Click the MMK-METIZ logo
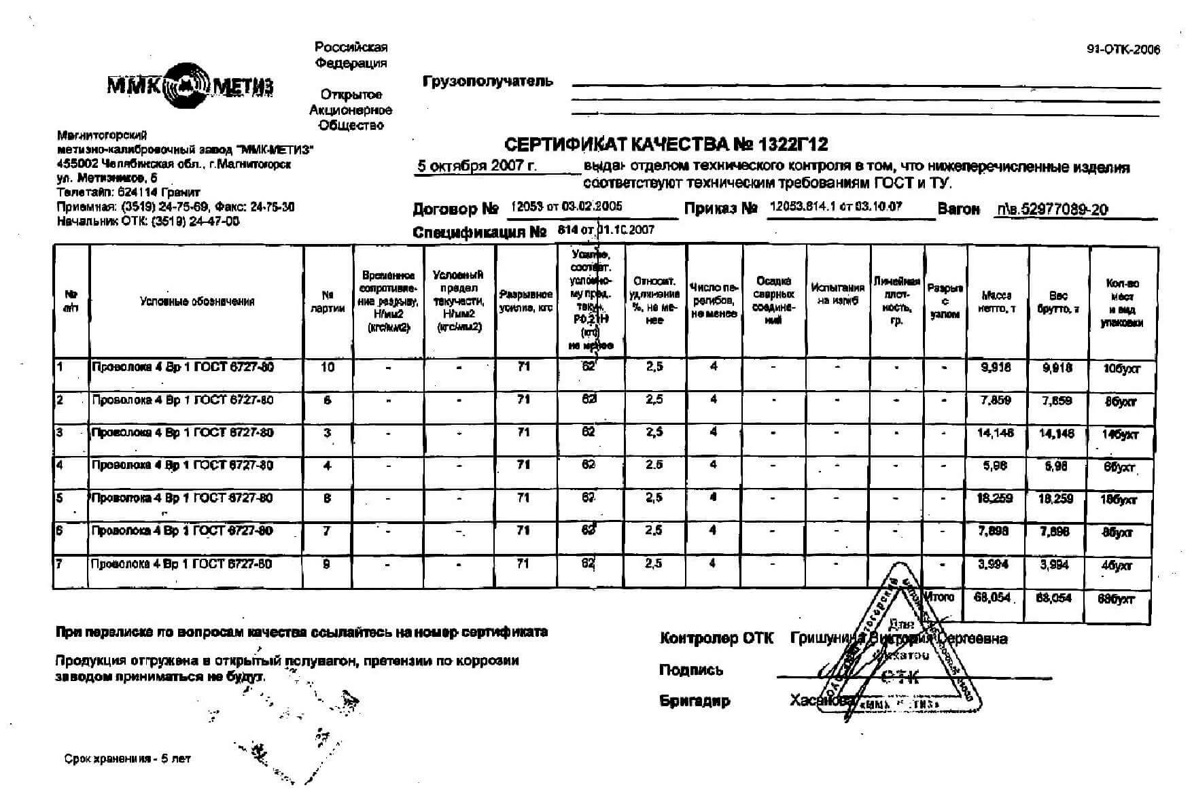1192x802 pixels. point(190,86)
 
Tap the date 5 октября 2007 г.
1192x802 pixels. point(476,166)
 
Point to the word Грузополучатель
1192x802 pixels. point(488,82)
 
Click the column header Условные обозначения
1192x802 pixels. point(197,301)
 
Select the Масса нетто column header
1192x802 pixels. point(996,302)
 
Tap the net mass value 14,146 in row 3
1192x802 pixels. point(996,432)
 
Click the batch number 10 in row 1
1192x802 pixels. point(328,367)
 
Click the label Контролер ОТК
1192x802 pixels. point(716,638)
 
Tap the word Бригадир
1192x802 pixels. point(695,701)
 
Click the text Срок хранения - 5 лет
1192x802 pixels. point(128,759)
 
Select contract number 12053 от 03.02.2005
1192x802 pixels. point(566,207)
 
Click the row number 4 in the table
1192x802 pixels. point(60,466)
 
